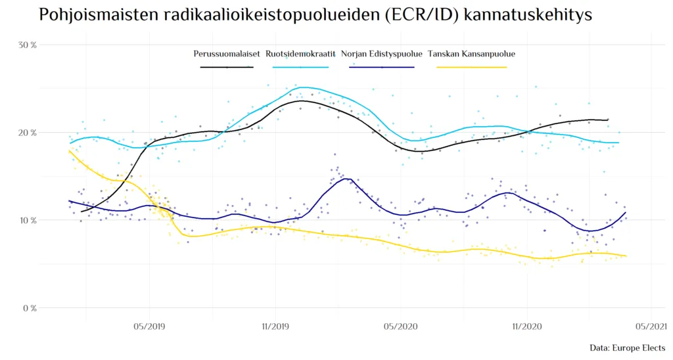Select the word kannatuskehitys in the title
528,15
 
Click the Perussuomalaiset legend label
226,54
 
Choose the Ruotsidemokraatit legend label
301,54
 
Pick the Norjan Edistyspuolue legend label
381,54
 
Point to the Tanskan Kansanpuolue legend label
471,54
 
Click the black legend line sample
226,66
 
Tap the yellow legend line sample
471,66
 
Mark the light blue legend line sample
301,66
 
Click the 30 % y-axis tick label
27,45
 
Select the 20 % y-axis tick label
27,133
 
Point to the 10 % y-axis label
27,220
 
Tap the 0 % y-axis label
29,308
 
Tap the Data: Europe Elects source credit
627,348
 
